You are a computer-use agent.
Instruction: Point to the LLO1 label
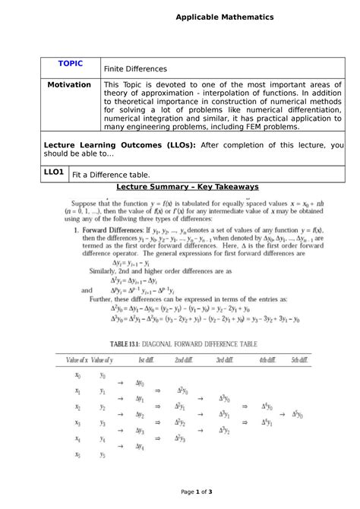click(54, 172)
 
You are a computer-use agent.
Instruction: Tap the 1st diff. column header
click(146, 359)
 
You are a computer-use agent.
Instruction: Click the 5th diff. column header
click(300, 359)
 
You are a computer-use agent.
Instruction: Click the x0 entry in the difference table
click(77, 375)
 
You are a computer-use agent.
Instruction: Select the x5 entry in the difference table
click(77, 455)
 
